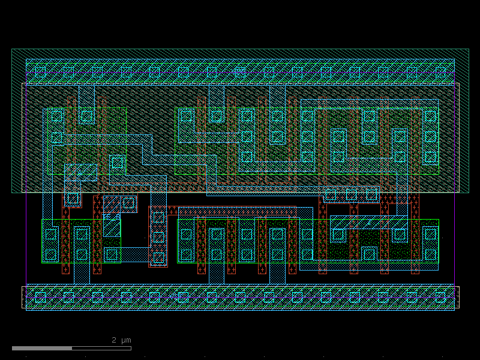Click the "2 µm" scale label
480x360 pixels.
point(121,340)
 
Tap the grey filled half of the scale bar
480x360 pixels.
point(42,349)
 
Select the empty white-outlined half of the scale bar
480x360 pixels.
point(101,349)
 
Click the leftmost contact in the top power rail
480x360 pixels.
point(40,72)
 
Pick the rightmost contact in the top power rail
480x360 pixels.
point(440,72)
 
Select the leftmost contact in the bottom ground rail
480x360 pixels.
point(40,297)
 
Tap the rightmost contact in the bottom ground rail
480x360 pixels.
point(440,297)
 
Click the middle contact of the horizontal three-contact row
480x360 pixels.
point(351,194)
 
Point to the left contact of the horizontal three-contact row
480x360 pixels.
point(331,194)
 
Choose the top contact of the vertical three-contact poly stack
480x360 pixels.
point(158,217)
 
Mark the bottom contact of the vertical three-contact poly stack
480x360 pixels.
point(158,258)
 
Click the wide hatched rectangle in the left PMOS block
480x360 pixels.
point(81,172)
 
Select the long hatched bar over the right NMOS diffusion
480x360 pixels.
point(369,222)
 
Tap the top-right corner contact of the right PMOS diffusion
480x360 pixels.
point(430,116)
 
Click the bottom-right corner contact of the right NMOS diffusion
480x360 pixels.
point(430,254)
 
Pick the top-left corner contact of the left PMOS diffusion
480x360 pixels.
point(56,116)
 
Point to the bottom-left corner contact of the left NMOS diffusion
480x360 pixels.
point(50,254)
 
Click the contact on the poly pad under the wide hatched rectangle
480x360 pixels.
point(73,199)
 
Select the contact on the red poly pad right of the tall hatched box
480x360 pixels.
point(128,203)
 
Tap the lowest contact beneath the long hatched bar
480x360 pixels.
point(369,254)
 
